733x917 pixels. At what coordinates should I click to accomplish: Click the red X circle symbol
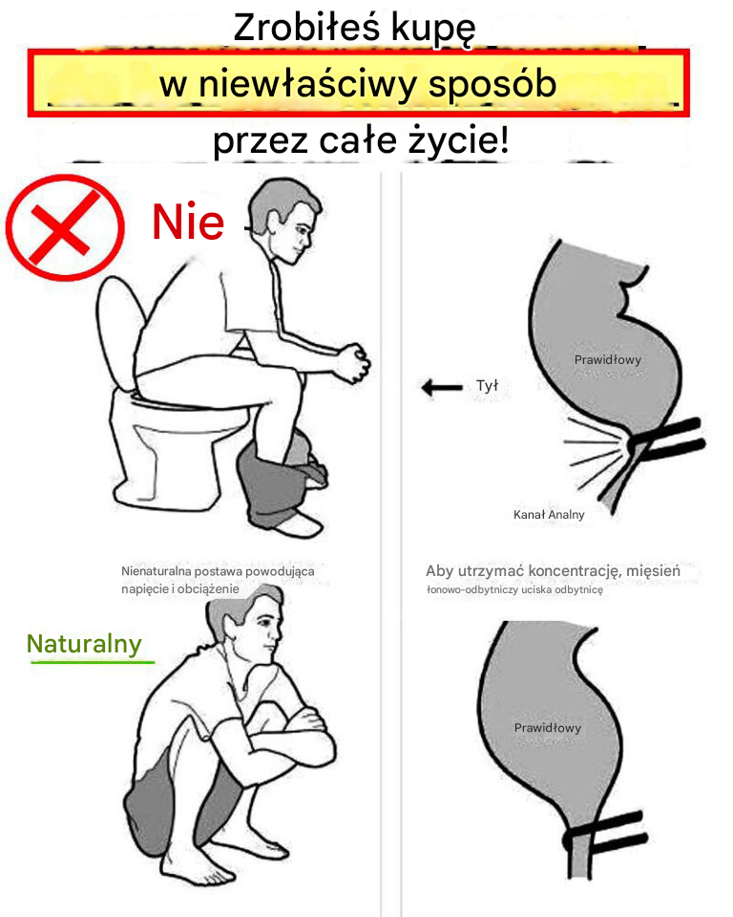coord(64,227)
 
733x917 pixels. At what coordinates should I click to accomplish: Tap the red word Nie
coord(188,223)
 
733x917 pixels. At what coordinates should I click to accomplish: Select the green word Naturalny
coord(84,644)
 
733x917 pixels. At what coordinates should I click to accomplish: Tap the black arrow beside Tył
coord(441,387)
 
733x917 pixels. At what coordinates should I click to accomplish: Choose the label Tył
coord(487,386)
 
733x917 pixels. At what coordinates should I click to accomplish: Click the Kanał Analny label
coord(549,514)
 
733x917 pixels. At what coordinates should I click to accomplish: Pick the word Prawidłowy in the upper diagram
coord(607,360)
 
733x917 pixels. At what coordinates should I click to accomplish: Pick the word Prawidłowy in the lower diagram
coord(547,728)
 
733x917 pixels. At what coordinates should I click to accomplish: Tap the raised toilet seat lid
coord(116,334)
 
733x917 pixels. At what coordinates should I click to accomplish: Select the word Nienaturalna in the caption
coord(157,571)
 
